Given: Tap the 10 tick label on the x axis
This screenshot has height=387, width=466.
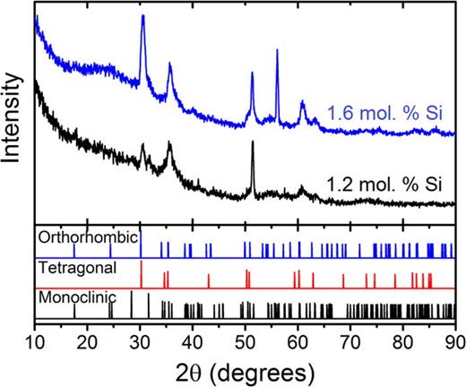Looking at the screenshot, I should tap(35, 340).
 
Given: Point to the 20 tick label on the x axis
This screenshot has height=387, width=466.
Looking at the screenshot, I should tap(87, 340).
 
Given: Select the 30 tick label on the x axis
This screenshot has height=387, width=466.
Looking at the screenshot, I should tap(140, 340).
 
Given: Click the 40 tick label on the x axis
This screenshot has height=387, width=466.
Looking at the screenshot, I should tap(193, 340).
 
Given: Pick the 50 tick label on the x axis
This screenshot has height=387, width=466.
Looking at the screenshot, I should tap(245, 340).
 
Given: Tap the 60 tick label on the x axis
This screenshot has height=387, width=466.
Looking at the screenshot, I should tap(298, 340).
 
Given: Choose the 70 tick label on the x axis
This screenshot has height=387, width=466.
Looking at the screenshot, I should tap(350, 340).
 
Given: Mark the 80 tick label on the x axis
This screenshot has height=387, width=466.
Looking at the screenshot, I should tap(402, 340).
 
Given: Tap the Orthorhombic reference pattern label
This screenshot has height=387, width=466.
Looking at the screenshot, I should tap(88, 238).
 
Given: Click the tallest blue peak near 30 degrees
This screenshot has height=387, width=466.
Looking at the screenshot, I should tap(142, 17).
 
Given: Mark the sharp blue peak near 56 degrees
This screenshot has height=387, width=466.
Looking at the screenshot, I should tap(277, 51).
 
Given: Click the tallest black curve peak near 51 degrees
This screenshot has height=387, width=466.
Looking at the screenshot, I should tap(253, 142).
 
